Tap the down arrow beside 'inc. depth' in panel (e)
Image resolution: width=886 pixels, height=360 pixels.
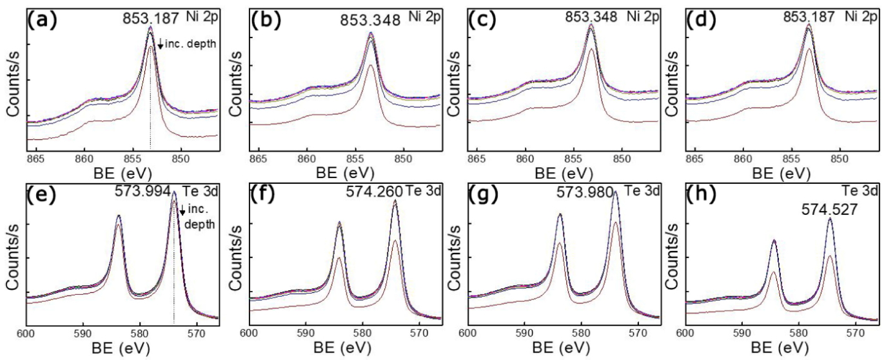coord(182,210)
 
